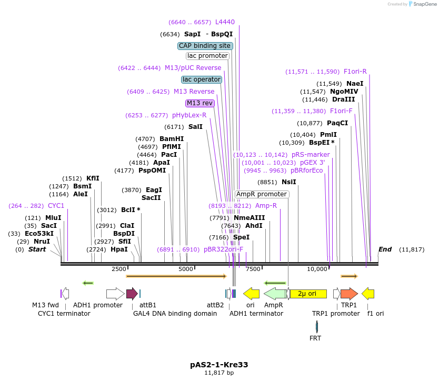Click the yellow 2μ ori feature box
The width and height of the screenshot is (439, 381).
point(308,294)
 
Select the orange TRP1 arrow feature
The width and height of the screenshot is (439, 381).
point(348,294)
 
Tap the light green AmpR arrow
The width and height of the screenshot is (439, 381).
point(274,294)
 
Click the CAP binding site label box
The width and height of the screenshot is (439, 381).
point(205,46)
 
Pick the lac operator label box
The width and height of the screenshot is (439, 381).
point(201,79)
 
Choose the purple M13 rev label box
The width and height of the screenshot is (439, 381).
point(200,103)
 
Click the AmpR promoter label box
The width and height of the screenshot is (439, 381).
point(262,194)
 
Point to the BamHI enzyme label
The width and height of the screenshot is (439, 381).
point(172,139)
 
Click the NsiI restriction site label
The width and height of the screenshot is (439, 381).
point(289,182)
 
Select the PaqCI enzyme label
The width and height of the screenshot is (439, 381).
point(337,123)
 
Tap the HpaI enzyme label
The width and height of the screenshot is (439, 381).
point(119,249)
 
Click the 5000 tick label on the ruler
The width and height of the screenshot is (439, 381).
point(186,269)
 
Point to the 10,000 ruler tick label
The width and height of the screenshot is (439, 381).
point(317,269)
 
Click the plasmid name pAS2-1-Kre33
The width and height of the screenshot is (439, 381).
point(219,364)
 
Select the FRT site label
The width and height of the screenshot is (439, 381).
point(315,338)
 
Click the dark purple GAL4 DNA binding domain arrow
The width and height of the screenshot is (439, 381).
point(132,294)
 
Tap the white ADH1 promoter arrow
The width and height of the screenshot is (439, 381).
point(115,294)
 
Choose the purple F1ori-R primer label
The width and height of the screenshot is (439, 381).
point(355,72)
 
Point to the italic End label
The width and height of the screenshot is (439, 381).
point(385,249)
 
